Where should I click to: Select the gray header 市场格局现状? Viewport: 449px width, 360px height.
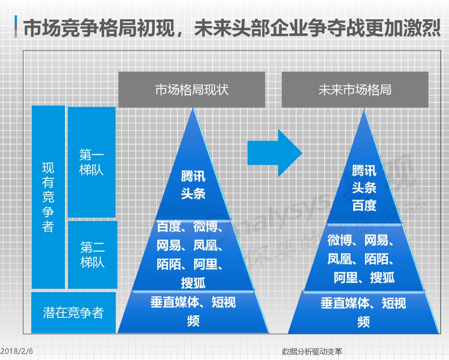[192, 90]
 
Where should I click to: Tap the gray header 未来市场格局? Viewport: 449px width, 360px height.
[355, 90]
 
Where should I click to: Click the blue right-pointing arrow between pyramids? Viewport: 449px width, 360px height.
[275, 153]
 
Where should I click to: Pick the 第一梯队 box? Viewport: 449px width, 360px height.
[91, 162]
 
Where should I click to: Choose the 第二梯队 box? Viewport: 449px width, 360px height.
[92, 255]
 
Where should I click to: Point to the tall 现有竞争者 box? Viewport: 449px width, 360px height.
[48, 197]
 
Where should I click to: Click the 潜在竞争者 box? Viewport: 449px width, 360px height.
[73, 313]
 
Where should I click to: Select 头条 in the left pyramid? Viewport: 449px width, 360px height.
[193, 193]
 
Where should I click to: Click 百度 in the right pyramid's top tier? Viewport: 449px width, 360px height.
[364, 205]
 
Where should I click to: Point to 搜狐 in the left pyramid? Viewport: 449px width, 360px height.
[193, 283]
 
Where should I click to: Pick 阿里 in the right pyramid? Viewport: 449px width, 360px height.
[345, 278]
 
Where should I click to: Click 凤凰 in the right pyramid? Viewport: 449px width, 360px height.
[339, 259]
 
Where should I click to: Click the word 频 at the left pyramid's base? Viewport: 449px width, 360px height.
[193, 321]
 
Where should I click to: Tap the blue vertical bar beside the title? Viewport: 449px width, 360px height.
[15, 27]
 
